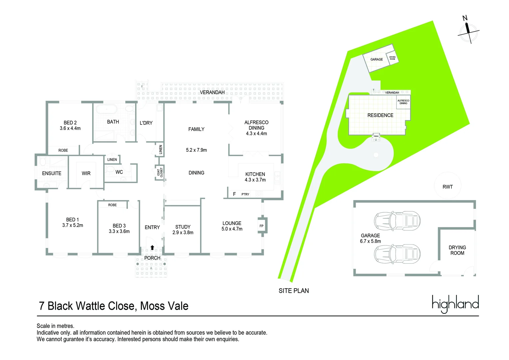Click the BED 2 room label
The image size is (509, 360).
(70, 123)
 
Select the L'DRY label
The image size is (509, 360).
(146, 123)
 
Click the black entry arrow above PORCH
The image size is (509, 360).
(152, 248)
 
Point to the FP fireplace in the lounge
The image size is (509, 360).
(261, 226)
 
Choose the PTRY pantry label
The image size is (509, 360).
(245, 194)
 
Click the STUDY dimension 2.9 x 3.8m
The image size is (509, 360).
(183, 233)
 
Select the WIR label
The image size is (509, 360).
(86, 173)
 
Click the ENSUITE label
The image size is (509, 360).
(52, 173)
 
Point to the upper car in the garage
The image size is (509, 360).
(397, 220)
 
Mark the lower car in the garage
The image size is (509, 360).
(397, 254)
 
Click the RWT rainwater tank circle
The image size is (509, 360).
(448, 187)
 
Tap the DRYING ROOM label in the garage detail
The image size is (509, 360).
(457, 250)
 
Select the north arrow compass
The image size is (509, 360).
(468, 31)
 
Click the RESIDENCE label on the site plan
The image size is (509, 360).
(380, 115)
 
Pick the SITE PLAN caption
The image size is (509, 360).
(293, 291)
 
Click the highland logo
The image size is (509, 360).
(455, 304)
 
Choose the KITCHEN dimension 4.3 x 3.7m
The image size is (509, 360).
(255, 180)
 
